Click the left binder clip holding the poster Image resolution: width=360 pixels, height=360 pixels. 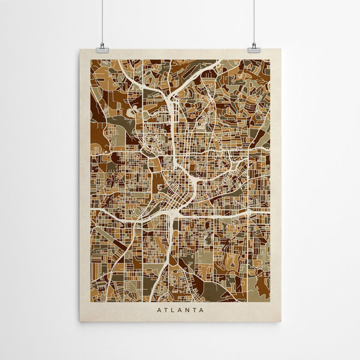pos(101,47)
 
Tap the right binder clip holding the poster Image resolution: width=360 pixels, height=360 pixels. pos(253,47)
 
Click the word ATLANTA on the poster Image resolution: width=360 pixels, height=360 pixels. pos(180,310)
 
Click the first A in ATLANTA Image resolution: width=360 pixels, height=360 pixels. pos(159,310)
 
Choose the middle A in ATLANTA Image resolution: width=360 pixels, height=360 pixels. pos(180,310)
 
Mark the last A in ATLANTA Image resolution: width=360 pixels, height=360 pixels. pos(201,310)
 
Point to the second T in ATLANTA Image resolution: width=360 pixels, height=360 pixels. pos(194,310)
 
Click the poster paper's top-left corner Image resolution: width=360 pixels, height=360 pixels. pos(80,50)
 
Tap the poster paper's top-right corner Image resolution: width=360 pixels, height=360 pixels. pos(281,50)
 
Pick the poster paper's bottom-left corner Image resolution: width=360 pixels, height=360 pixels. pos(80,322)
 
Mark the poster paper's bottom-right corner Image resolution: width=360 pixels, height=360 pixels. pos(281,322)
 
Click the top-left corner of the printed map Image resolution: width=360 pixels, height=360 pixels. pos(91,60)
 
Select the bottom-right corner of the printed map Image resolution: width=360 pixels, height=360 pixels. pos(270,301)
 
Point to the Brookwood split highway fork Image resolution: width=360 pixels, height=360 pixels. pos(172,96)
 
